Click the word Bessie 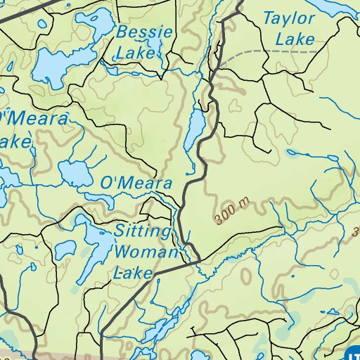click(145, 32)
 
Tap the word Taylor click(289, 19)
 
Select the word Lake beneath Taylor click(295, 39)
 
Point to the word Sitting click(143, 231)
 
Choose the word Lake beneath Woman click(134, 272)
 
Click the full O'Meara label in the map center click(136, 184)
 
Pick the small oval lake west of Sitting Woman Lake click(65, 248)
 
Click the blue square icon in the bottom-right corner click(353, 354)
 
